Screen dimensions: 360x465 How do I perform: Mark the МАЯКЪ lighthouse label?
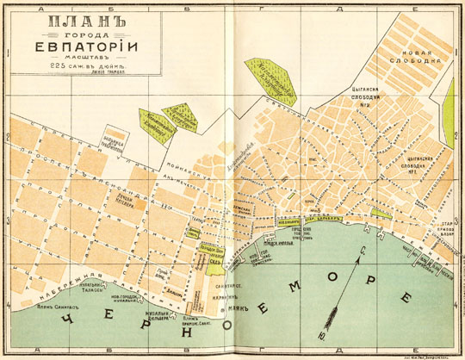[230, 309]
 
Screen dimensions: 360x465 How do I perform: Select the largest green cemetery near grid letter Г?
[275, 78]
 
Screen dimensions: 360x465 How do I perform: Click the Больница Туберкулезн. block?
[113, 142]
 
